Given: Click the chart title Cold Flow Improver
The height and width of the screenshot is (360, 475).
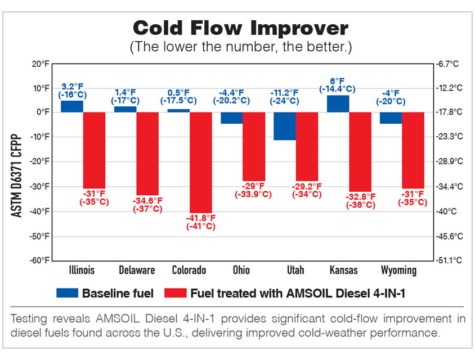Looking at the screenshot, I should tap(240, 28).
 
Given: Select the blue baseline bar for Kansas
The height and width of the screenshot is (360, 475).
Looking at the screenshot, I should tap(338, 103).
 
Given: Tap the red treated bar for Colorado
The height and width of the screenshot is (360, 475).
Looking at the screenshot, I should tap(201, 162).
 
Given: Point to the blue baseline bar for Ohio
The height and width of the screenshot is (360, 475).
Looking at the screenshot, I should tap(231, 118).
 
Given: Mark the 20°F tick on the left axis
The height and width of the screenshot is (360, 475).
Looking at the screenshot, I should tap(41, 64).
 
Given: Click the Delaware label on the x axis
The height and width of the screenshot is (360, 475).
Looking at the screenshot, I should tap(136, 271).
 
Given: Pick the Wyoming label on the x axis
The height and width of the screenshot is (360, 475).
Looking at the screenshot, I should tap(398, 271).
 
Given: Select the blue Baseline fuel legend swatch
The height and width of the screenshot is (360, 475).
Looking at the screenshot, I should tap(67, 293).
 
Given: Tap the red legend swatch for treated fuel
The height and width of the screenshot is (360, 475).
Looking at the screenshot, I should tap(175, 293).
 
